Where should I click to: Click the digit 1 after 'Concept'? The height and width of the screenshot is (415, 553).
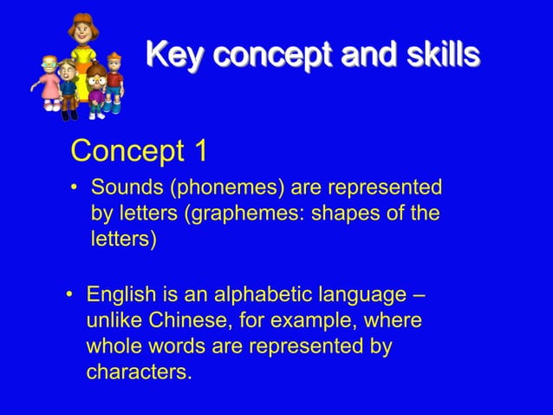coord(200,151)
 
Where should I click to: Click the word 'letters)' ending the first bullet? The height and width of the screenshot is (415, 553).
coord(123,239)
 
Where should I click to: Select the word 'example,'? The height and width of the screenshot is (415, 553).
coord(304,320)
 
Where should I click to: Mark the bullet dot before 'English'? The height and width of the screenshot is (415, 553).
coord(70,296)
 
